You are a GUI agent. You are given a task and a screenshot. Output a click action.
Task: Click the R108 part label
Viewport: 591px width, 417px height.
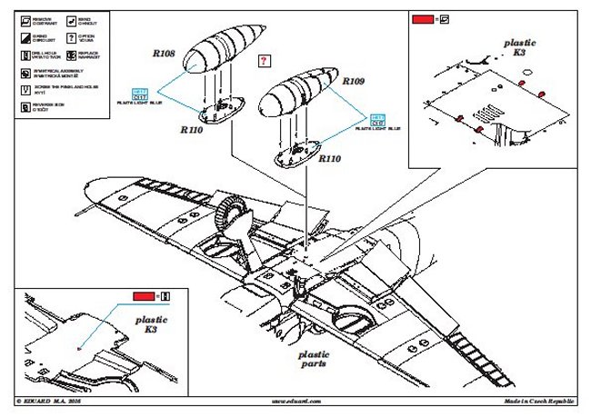[164, 55]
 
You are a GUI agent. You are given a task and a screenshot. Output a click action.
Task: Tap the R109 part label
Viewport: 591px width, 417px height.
[354, 82]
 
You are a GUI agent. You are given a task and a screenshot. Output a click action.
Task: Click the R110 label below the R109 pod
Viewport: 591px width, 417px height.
[330, 158]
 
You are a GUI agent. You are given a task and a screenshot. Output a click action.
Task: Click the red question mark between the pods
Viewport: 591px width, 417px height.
[263, 61]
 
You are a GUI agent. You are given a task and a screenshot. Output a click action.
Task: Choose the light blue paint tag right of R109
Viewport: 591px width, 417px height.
[376, 118]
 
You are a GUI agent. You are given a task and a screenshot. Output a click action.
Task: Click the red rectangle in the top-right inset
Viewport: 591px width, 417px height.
[422, 18]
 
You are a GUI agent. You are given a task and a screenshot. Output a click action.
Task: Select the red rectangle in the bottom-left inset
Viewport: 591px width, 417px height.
[144, 296]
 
